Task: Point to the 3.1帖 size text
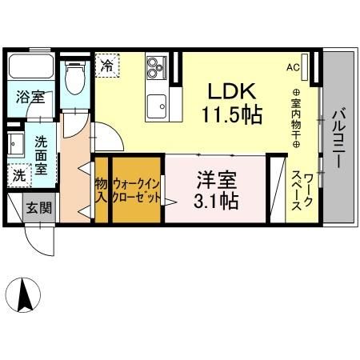click(x=215, y=201)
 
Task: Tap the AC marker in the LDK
click(x=293, y=67)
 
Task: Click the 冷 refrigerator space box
click(x=106, y=65)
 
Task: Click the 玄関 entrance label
click(x=37, y=208)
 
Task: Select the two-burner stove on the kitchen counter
click(x=154, y=70)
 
